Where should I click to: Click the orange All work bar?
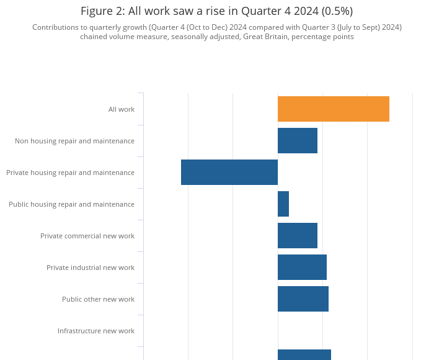[333, 109]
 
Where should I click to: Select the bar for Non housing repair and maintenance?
[297, 141]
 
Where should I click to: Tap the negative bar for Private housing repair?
[229, 173]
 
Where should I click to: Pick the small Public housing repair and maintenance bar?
[283, 204]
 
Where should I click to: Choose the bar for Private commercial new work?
[297, 236]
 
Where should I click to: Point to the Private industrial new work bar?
[302, 268]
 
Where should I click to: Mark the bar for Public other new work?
[303, 299]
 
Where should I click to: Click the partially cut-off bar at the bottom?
[304, 354]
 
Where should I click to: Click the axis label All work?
[122, 109]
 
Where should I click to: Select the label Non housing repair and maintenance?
[74, 141]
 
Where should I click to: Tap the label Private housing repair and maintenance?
[70, 173]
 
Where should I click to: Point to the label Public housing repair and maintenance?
[71, 204]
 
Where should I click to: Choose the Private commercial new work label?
[87, 236]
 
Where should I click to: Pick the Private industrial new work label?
[91, 268]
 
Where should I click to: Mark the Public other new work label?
[98, 299]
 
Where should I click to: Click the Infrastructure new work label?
[96, 331]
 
